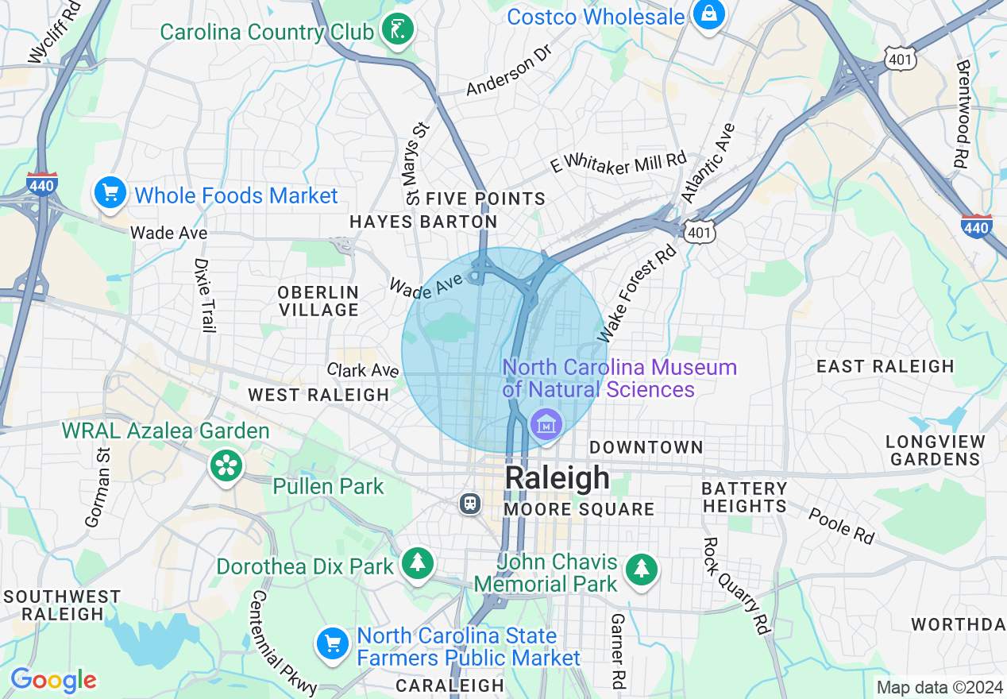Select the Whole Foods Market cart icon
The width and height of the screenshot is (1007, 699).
tap(110, 194)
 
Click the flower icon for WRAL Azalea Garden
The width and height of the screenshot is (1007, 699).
tap(226, 465)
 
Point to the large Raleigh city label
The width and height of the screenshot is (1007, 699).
tap(558, 478)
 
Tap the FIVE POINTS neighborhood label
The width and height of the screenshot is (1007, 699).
tap(485, 199)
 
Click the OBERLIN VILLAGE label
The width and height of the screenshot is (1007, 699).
tap(318, 301)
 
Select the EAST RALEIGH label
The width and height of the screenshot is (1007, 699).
tap(885, 366)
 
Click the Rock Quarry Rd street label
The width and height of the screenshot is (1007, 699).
tap(735, 586)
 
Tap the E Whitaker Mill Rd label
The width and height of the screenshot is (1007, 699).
tap(618, 164)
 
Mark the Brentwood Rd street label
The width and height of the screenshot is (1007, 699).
tap(963, 114)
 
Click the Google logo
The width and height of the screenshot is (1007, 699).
tap(53, 681)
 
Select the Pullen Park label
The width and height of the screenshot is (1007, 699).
tap(328, 486)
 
